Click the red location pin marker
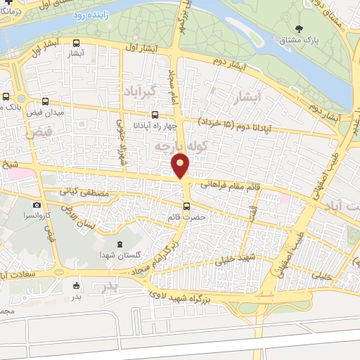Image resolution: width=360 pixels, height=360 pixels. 181,166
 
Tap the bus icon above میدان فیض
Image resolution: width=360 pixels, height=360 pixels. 46,101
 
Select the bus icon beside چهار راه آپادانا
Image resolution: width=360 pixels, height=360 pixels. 155,115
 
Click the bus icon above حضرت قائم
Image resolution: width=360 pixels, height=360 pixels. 186,206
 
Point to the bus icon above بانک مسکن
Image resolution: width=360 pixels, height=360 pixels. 6,97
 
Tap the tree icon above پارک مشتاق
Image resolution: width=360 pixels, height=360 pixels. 300,30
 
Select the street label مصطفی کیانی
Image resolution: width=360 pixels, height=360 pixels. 84,191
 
